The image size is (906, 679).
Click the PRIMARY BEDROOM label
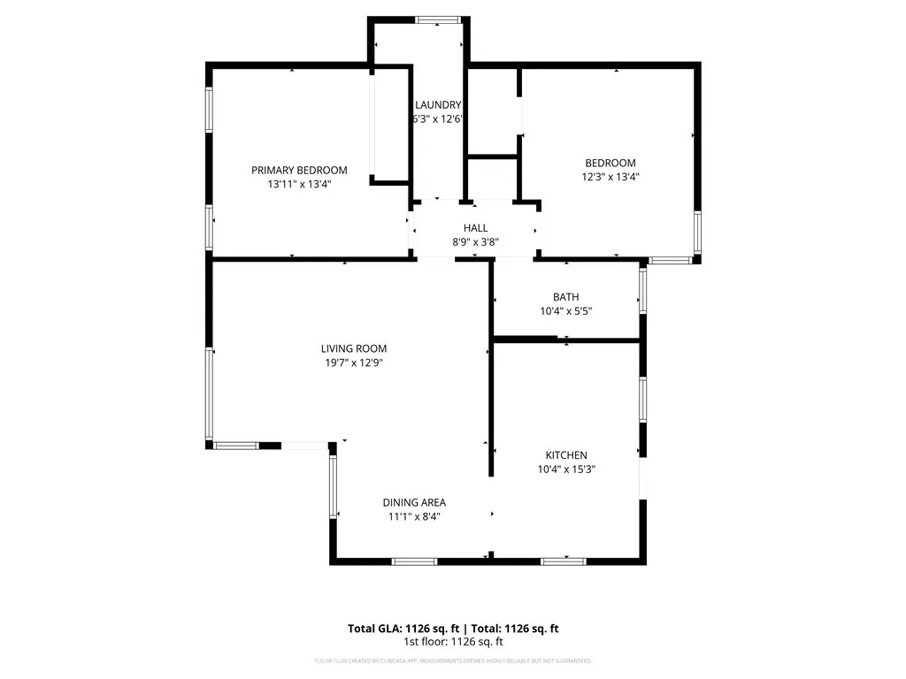coord(299,170)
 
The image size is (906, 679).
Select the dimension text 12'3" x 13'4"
coord(610,177)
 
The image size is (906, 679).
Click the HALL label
coord(475,228)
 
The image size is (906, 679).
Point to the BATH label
coord(565,297)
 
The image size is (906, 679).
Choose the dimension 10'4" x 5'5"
coord(565,311)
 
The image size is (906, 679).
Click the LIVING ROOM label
coord(353,348)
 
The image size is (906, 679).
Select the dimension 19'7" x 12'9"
coord(353,362)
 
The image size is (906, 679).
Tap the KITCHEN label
coord(566,455)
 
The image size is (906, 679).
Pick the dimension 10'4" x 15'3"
coord(566,469)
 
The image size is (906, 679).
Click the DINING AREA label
coord(414,502)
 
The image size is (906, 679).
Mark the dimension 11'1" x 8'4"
coord(414,516)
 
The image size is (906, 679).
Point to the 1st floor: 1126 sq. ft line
coord(453,642)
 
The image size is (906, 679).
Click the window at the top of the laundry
coord(438,19)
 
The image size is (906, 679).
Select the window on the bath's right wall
coord(643,290)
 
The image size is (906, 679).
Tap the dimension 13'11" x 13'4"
coord(299,184)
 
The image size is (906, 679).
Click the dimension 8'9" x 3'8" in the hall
coord(475,242)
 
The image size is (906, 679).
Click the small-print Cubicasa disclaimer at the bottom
coord(453,661)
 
